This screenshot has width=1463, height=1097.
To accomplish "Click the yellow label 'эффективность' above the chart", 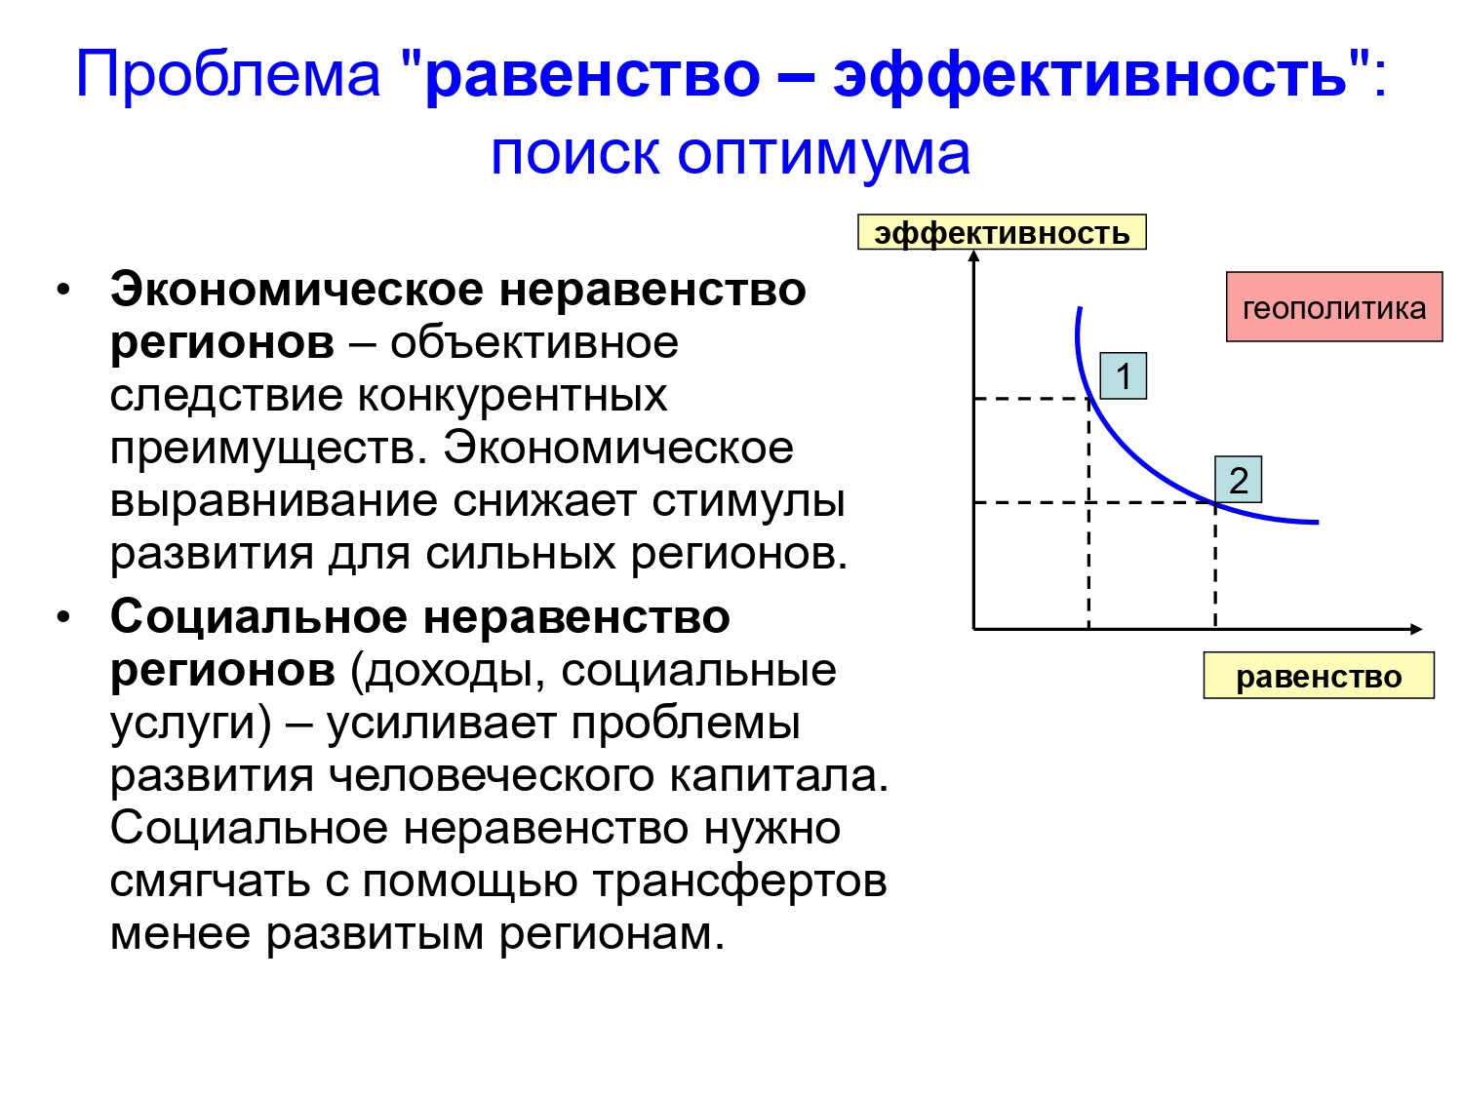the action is [x=1001, y=232].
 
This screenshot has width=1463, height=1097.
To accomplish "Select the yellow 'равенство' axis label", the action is [x=1319, y=675].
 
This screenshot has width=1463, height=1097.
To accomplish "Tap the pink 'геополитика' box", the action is [x=1334, y=306].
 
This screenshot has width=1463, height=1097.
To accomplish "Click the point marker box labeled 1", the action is [x=1123, y=375].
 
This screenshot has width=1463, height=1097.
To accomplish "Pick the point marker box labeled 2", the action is [x=1238, y=479].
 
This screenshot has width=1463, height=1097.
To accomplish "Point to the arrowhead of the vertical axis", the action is [x=973, y=255].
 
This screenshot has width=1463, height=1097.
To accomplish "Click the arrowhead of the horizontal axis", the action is [x=1416, y=629].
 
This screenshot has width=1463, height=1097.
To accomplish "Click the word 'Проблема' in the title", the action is [x=228, y=73].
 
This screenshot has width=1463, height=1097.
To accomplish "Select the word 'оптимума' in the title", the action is [x=823, y=154].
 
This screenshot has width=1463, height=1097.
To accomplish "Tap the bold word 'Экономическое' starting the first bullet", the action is [x=297, y=291].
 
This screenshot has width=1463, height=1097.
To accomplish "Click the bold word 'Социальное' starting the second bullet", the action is [x=258, y=617].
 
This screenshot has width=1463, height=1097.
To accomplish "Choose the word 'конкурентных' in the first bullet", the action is [x=512, y=395].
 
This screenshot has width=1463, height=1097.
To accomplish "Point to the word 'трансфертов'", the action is [x=740, y=881].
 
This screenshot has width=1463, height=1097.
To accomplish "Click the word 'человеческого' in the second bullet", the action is [x=491, y=776].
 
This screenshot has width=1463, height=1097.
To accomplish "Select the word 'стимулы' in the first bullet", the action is [x=748, y=501].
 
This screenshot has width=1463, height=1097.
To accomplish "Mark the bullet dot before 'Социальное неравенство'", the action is [x=63, y=618].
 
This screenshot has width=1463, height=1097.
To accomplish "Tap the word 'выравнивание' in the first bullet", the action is [x=273, y=501].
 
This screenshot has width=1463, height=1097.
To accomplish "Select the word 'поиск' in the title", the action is [x=574, y=153].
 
